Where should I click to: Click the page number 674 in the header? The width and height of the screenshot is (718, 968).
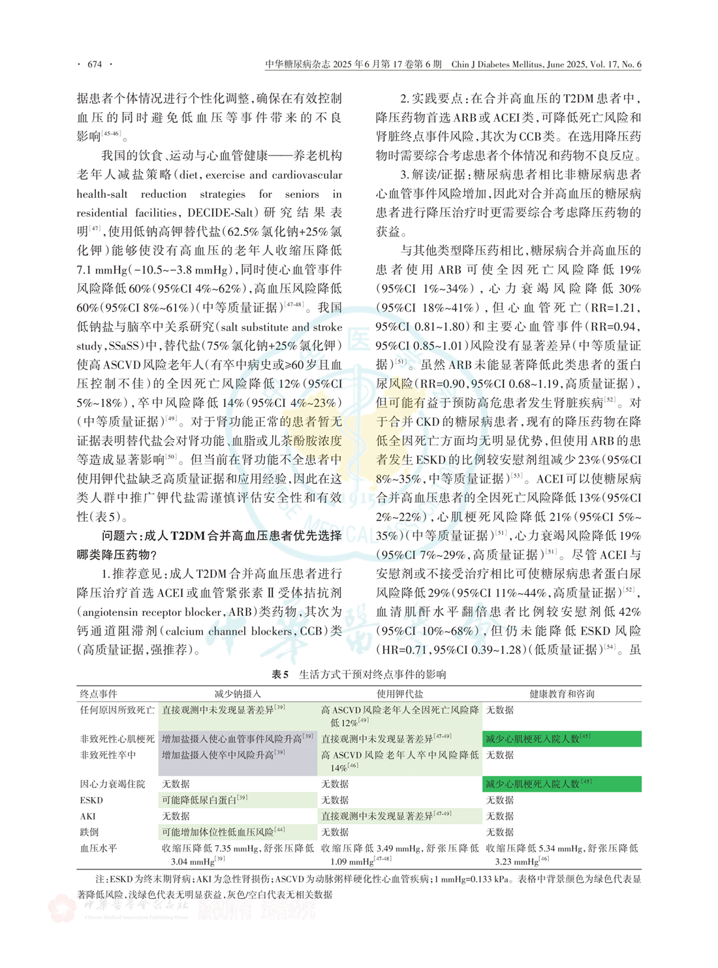95,64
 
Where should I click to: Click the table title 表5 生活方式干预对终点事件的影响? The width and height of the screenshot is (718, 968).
358,674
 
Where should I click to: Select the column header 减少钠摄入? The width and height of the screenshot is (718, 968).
237,694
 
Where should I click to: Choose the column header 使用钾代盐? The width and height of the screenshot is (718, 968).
399,694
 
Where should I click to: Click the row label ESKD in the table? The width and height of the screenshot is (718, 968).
91,800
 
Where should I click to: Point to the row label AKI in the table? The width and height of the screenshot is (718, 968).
88,816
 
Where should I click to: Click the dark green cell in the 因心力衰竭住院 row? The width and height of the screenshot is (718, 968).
561,784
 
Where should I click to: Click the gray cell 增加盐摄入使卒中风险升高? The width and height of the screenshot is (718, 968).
223,755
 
